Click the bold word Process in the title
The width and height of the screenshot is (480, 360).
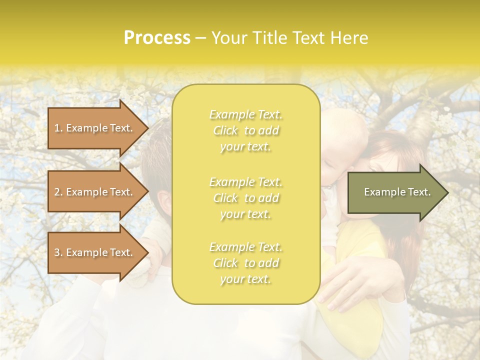(157, 38)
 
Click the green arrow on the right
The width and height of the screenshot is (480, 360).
(395, 192)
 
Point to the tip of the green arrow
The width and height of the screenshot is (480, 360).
(447, 192)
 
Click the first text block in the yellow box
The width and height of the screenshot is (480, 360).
(246, 130)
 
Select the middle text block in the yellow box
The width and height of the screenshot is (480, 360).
(246, 198)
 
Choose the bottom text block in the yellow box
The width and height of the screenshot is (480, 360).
(246, 263)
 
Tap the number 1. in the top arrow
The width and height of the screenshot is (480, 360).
(58, 128)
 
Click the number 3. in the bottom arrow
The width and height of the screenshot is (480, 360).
(58, 252)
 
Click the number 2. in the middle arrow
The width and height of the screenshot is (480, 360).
(58, 192)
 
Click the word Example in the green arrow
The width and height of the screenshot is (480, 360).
(381, 192)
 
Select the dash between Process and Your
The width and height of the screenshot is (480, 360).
(200, 38)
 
